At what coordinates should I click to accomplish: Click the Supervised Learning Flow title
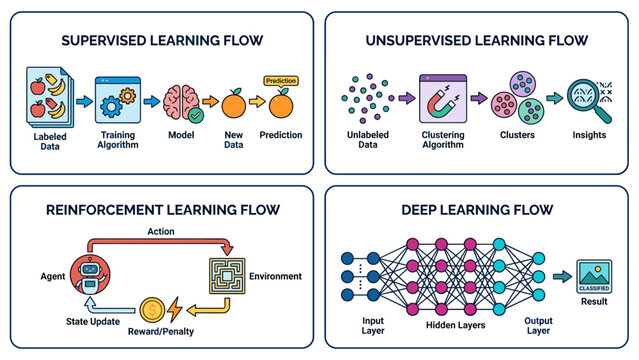point(162,40)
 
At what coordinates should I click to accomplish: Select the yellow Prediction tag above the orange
point(281,81)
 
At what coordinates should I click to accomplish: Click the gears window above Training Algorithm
point(118,100)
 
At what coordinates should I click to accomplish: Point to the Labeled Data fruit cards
point(50,98)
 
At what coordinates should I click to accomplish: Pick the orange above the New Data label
point(234,104)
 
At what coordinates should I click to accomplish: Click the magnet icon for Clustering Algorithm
point(443,98)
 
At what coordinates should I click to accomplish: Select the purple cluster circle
point(522,84)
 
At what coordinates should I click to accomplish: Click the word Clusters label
point(517,135)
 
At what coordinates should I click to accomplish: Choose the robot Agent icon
point(90,274)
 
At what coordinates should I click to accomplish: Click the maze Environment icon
point(227,276)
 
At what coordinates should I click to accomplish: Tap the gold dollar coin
point(152,310)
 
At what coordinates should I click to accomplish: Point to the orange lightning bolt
point(175,309)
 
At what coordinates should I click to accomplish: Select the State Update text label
point(93,322)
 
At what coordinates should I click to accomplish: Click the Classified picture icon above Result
point(594,276)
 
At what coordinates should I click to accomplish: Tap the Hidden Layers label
point(456,325)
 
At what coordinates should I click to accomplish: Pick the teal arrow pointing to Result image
point(562,276)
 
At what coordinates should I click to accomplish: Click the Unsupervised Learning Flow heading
point(477,40)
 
